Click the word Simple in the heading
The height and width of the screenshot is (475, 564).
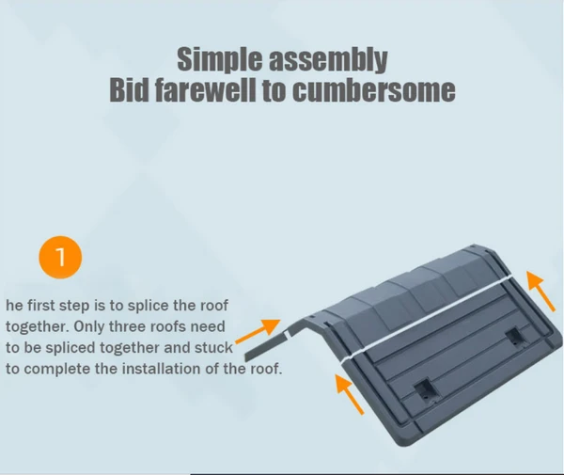(220, 59)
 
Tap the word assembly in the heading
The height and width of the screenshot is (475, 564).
(328, 59)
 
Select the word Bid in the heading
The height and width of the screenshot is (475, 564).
(129, 90)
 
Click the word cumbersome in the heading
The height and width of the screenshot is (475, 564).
(374, 90)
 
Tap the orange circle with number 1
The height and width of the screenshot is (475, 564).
(60, 257)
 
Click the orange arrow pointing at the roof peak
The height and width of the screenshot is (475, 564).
(258, 331)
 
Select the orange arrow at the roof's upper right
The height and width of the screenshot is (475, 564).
(540, 292)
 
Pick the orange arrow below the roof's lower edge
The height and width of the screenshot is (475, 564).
(350, 394)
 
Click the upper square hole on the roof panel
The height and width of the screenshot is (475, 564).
(515, 337)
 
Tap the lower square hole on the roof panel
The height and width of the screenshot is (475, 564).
(426, 390)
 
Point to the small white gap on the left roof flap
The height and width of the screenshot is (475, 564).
(287, 335)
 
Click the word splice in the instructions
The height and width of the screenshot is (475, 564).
(148, 306)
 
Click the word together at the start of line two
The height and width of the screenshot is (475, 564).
(37, 327)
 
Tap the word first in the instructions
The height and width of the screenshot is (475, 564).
(41, 306)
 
